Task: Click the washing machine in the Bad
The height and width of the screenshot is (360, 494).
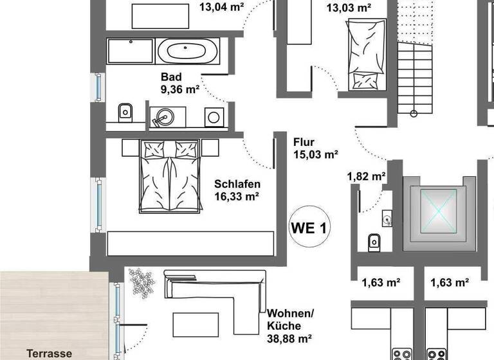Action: click(214, 116)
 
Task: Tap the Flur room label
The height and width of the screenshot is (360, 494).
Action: click(304, 142)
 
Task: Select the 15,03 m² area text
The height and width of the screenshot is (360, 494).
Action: click(316, 154)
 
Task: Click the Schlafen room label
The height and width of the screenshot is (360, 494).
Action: click(236, 184)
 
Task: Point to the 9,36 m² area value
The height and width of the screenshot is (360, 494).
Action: click(180, 89)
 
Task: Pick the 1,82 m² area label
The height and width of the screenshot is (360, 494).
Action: click(366, 176)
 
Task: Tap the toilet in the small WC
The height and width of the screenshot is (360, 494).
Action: click(374, 242)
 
